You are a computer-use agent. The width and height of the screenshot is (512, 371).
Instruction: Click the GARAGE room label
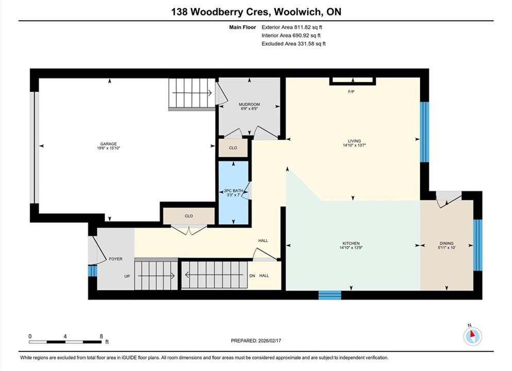tap(108, 144)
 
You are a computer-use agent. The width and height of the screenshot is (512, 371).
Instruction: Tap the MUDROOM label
tap(249, 105)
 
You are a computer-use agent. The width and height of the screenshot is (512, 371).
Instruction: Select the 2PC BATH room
tap(234, 193)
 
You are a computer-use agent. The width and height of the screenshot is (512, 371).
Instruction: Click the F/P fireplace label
tap(351, 92)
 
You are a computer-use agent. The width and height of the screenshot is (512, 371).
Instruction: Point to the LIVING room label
tap(354, 141)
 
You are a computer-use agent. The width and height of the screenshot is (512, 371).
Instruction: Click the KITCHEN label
tap(351, 243)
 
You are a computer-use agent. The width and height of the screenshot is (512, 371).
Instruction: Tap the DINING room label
tap(447, 243)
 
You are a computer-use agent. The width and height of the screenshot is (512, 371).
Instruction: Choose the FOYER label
tap(115, 259)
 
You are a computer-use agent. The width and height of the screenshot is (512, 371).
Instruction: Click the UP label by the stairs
tap(127, 276)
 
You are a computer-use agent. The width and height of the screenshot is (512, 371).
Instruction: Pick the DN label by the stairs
tap(252, 276)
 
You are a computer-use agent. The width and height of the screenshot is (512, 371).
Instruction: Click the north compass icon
tap(472, 335)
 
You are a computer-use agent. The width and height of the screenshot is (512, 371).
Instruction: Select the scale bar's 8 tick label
tap(101, 336)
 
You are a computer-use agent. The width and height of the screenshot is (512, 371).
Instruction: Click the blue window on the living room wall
tap(424, 132)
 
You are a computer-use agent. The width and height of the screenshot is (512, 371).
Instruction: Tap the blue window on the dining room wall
tap(478, 245)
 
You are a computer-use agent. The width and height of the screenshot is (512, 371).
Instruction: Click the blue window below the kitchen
tap(330, 295)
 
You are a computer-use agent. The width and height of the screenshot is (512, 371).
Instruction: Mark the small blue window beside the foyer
tap(93, 271)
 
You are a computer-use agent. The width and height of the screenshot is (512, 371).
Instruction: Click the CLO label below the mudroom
tap(233, 148)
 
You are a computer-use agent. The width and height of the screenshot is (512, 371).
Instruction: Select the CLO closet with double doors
tap(189, 216)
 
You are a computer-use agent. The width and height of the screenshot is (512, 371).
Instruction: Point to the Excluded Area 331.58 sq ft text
tap(293, 43)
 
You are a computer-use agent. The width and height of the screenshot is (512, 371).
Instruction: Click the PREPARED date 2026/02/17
tap(269, 341)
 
